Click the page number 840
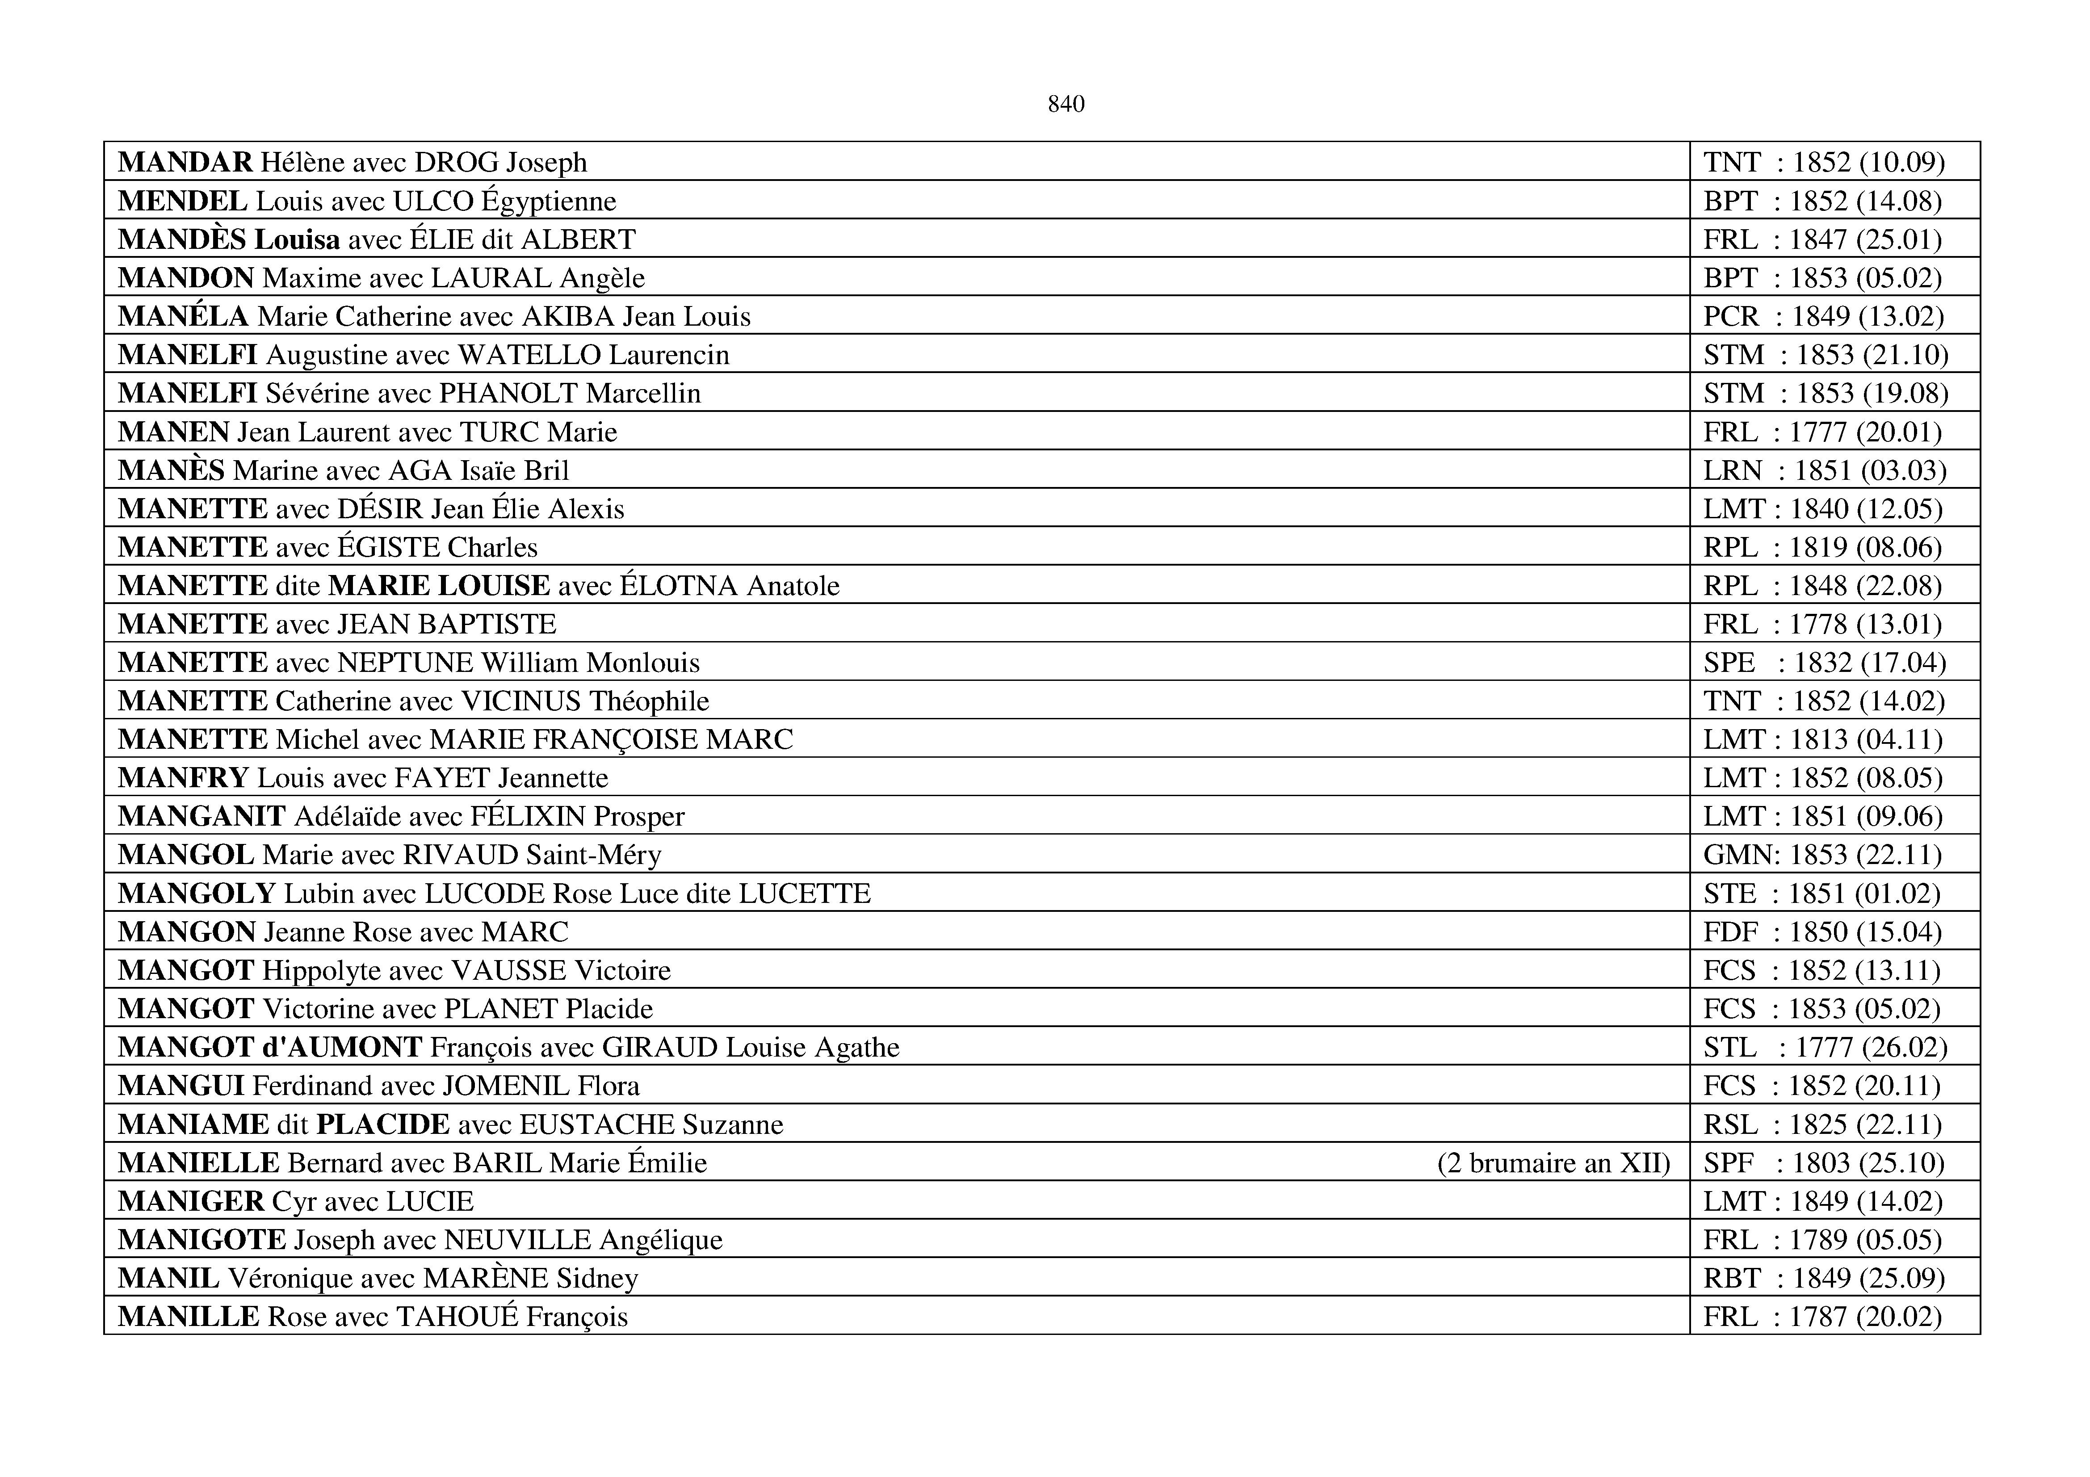[1066, 105]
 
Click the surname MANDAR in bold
[185, 162]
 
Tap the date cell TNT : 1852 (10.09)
[1823, 162]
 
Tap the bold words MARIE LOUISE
[439, 585]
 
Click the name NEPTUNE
[405, 663]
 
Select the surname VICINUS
[520, 701]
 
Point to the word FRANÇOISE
[614, 739]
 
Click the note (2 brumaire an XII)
[1553, 1163]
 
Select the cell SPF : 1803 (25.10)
[1823, 1163]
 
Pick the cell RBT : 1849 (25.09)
[1823, 1279]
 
